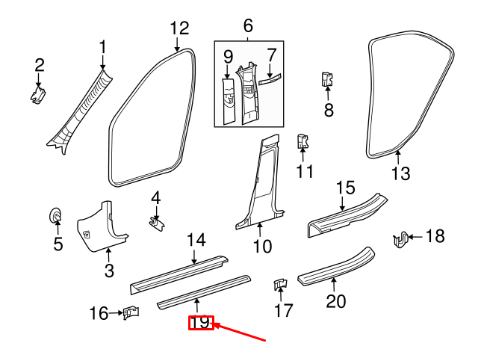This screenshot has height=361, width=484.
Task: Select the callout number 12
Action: pyautogui.click(x=179, y=28)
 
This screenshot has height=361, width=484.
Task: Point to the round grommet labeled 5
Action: pyautogui.click(x=57, y=216)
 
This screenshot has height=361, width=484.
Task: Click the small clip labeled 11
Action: pyautogui.click(x=302, y=140)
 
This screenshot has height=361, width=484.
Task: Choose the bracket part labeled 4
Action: pyautogui.click(x=156, y=222)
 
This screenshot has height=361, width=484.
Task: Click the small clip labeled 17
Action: pyautogui.click(x=279, y=286)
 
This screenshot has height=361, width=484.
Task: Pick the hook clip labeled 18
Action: pyautogui.click(x=401, y=239)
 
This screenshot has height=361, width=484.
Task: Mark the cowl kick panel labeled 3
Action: pyautogui.click(x=103, y=223)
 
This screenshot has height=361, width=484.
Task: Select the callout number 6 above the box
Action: pyautogui.click(x=249, y=28)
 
